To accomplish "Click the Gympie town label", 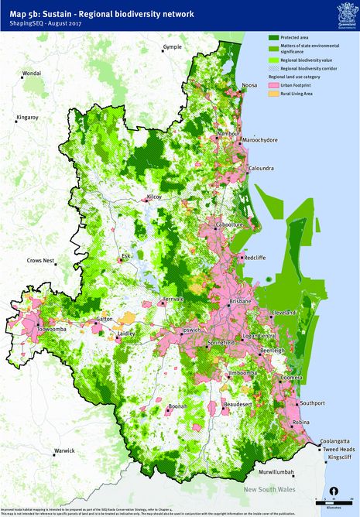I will pyautogui.click(x=173, y=48).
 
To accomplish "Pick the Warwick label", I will pyautogui.click(x=64, y=450).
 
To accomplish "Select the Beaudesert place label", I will pyautogui.click(x=237, y=404).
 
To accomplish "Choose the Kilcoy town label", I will pyautogui.click(x=155, y=197).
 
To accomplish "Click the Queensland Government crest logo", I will pyautogui.click(x=344, y=11).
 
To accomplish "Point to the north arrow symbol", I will pyautogui.click(x=333, y=491).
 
